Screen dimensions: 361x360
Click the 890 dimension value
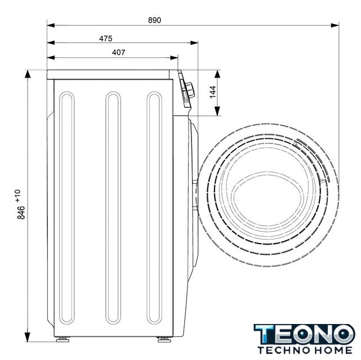154,20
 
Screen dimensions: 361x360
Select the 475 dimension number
106,38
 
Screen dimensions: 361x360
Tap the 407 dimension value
119,52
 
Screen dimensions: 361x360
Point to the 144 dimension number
213,92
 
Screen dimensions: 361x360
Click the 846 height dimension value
21,213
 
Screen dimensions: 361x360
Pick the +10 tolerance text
18,196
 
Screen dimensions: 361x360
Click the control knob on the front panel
190,90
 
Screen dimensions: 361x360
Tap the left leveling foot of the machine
63,339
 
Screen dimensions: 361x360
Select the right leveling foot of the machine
164,339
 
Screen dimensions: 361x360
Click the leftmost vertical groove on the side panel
67,208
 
